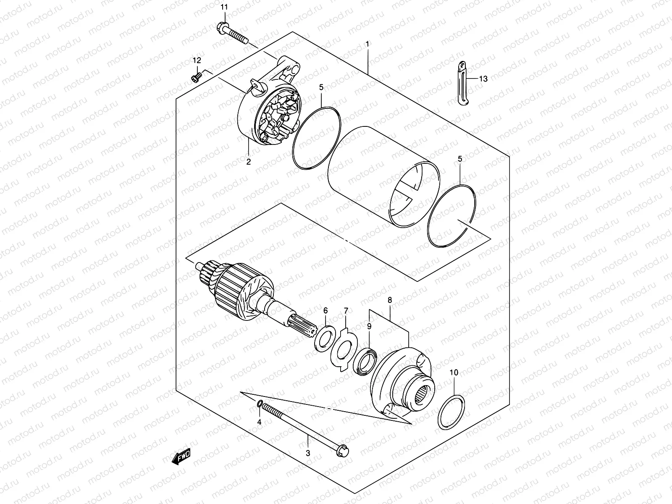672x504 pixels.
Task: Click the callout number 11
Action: tap(224, 7)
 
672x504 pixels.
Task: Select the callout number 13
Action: tap(483, 79)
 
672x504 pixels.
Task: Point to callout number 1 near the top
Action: tap(367, 44)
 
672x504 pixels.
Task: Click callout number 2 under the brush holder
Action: tap(248, 161)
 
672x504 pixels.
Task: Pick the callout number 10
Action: tap(454, 372)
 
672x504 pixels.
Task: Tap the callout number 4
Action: tap(259, 422)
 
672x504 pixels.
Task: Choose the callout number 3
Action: tap(307, 453)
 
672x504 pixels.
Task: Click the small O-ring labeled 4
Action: tap(260, 404)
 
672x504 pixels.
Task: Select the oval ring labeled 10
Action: tap(451, 412)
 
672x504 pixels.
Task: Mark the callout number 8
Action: tap(390, 300)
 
